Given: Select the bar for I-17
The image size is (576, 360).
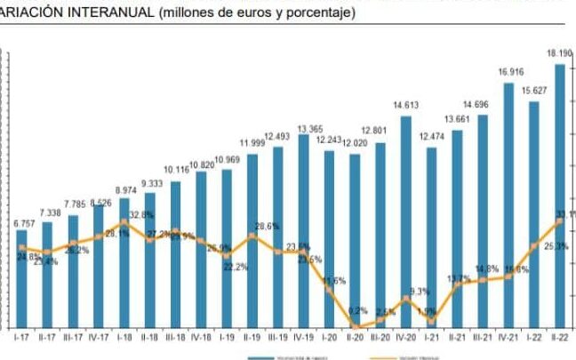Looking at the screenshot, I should pos(22,280).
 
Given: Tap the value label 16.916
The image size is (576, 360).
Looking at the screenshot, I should pos(508,73).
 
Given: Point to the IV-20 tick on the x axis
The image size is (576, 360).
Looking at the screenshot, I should pos(406,338).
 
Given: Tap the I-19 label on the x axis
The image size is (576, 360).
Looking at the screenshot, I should pos(227,338).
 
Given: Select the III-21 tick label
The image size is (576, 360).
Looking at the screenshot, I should pos(483,338).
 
